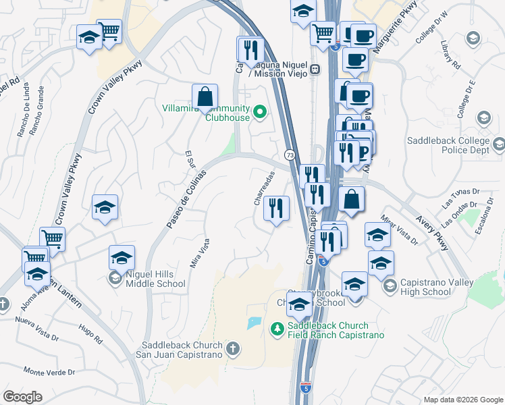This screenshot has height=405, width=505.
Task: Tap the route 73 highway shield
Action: coord(289,155)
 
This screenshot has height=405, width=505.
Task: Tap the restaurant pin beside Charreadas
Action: coord(276,207)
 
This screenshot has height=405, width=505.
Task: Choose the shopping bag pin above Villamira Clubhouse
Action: coord(205,97)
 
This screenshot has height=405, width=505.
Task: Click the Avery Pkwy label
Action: coord(433,233)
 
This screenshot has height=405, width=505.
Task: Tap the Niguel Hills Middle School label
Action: coord(155,279)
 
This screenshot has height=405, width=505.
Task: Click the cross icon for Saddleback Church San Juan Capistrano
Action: coord(232,348)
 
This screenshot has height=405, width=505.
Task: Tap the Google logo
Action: coord(23,397)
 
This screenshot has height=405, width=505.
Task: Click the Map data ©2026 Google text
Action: coord(462,400)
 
